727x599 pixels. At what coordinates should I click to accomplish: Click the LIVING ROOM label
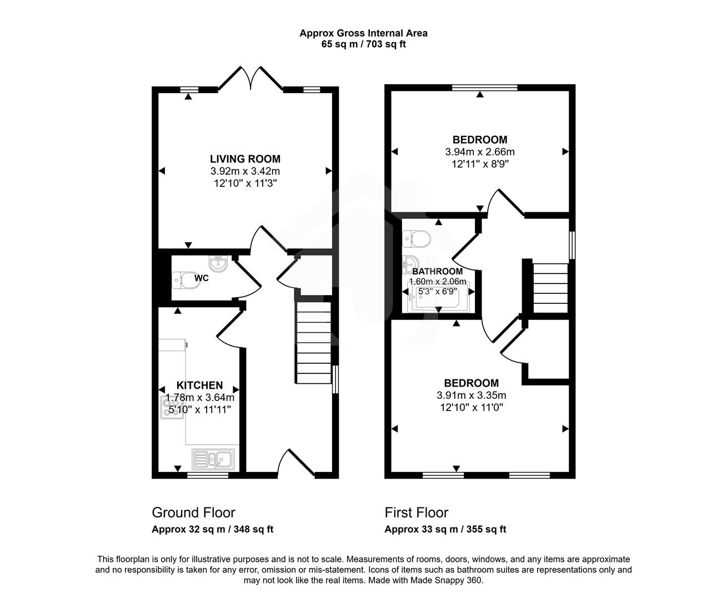pos(245,159)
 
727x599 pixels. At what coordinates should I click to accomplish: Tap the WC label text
pos(202,278)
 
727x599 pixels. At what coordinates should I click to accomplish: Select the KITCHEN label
pos(199,385)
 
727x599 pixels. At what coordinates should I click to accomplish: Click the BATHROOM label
pos(437,272)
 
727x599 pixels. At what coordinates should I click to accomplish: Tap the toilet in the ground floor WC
pos(185,281)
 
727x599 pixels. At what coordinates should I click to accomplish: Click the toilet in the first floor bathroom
pos(417,238)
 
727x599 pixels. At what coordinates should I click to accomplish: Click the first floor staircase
pos(550,288)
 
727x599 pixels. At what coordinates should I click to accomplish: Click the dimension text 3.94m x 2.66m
pos(479,152)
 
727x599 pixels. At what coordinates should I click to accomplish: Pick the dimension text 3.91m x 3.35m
pos(471,395)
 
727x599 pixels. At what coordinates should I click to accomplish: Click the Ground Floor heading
pos(193,512)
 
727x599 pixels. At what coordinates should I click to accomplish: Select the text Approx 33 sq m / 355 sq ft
pos(445,530)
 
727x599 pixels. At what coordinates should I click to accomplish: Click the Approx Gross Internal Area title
pos(363,33)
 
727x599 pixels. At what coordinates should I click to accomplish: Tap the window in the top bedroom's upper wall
pos(484,87)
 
